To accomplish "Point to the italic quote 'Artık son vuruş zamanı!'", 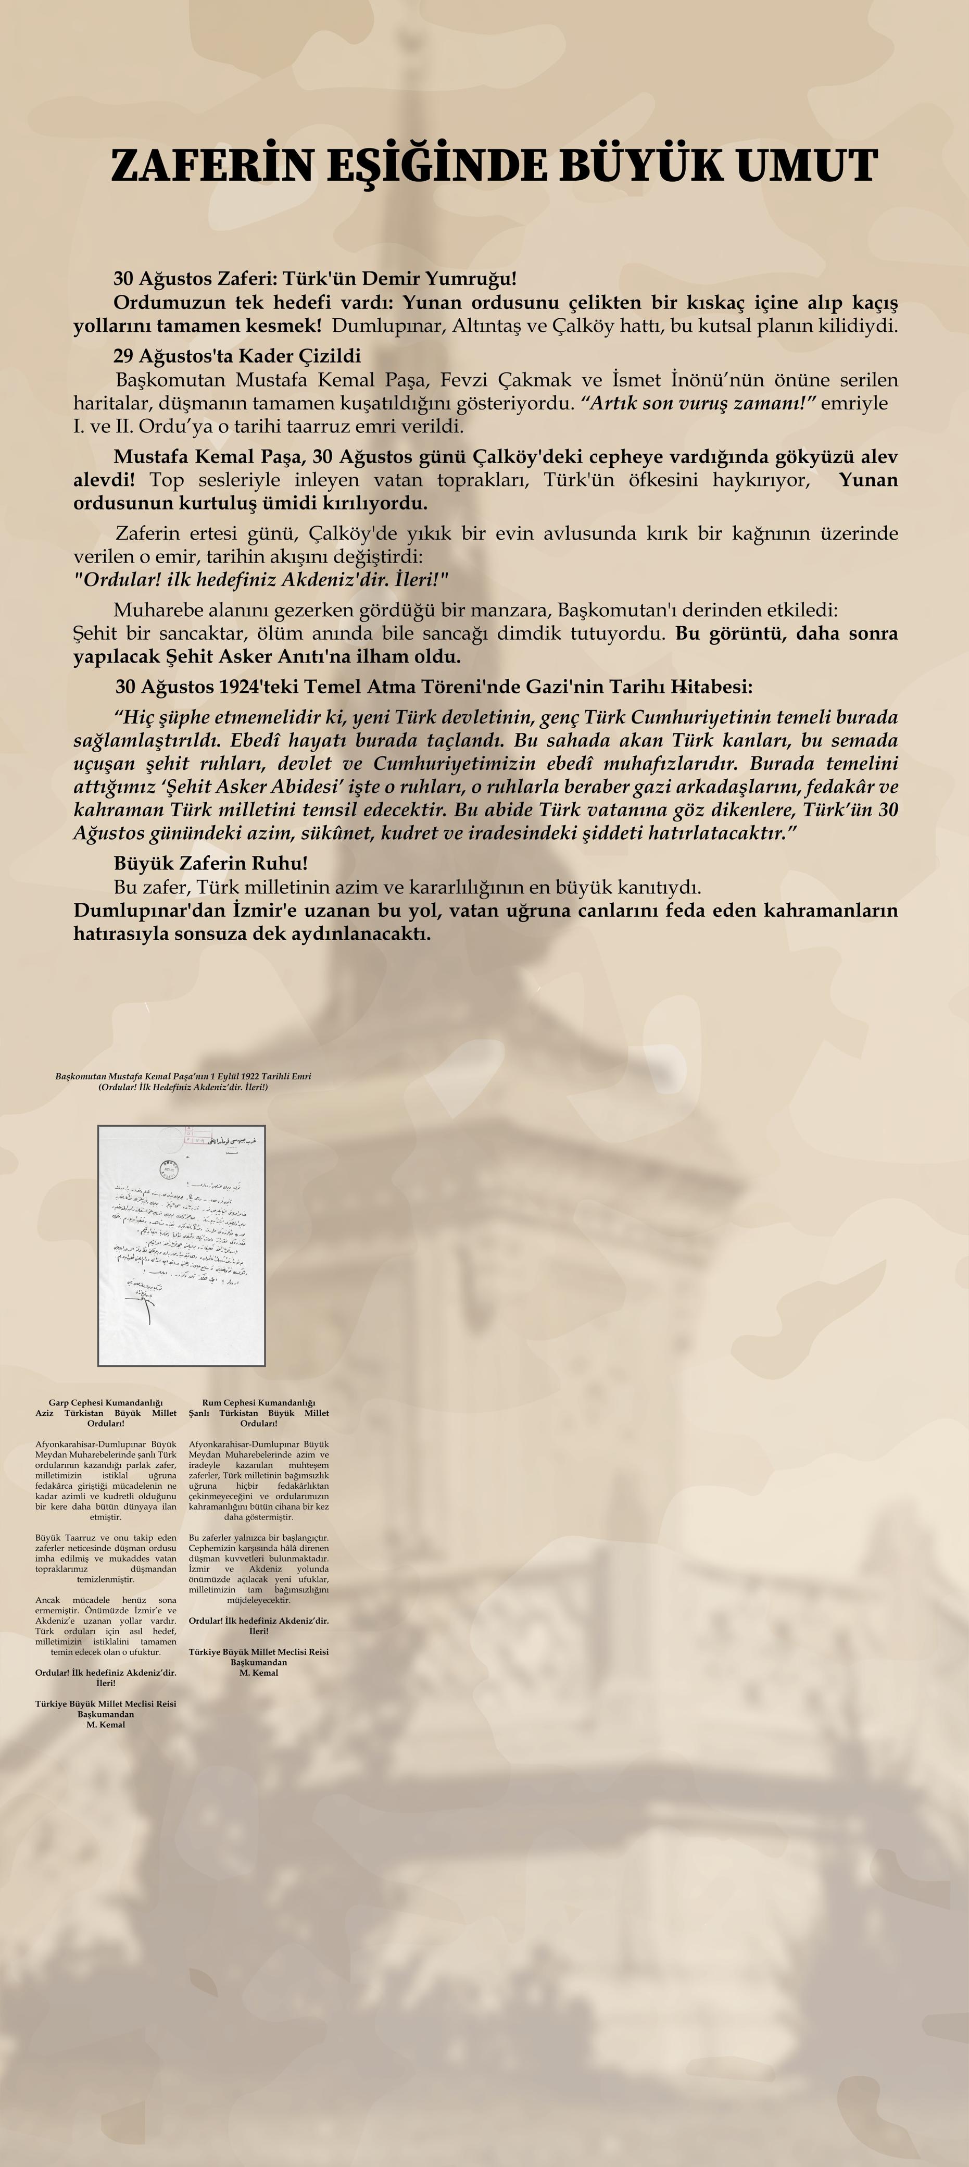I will point(699,403).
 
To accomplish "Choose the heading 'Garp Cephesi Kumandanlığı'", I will point(106,1402).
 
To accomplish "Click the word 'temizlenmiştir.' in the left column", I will point(106,1579).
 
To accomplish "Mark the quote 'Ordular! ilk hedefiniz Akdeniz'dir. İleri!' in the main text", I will point(261,580).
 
